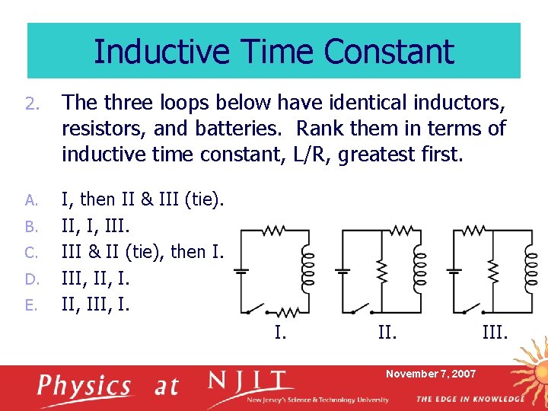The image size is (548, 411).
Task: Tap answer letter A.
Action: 30,200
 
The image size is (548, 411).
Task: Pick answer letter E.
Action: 30,305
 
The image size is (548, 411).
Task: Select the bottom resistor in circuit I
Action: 288,312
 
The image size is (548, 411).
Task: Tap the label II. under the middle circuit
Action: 387,332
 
